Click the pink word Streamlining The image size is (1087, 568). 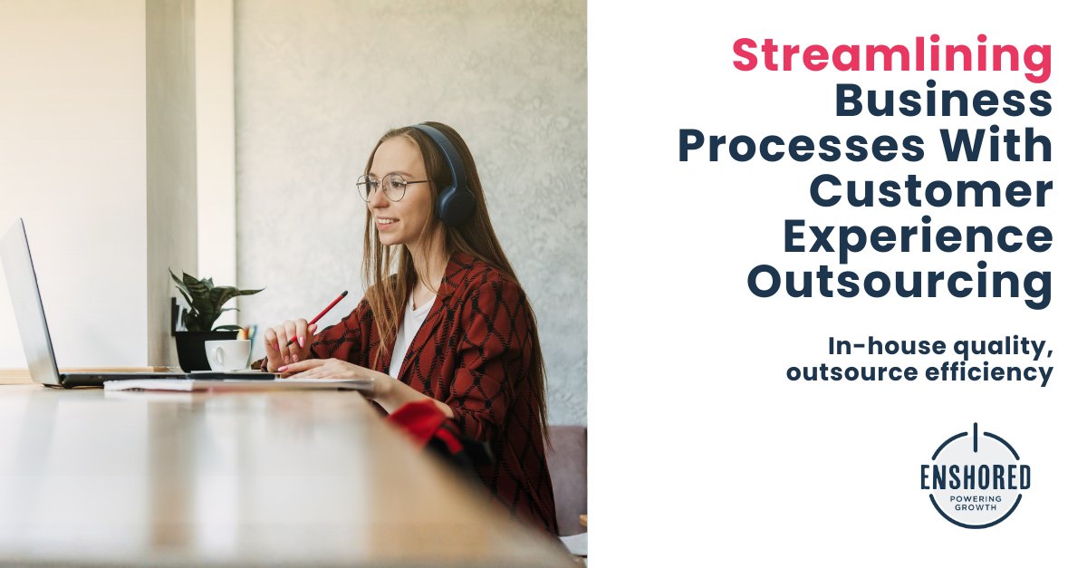(891, 55)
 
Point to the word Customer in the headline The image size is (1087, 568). (930, 191)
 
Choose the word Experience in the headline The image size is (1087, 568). (917, 236)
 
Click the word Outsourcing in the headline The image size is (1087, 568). (899, 282)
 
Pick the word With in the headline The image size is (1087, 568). (1005, 146)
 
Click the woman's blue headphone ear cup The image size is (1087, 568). (453, 201)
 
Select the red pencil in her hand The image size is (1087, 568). (325, 310)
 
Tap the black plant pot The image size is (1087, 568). (193, 348)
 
